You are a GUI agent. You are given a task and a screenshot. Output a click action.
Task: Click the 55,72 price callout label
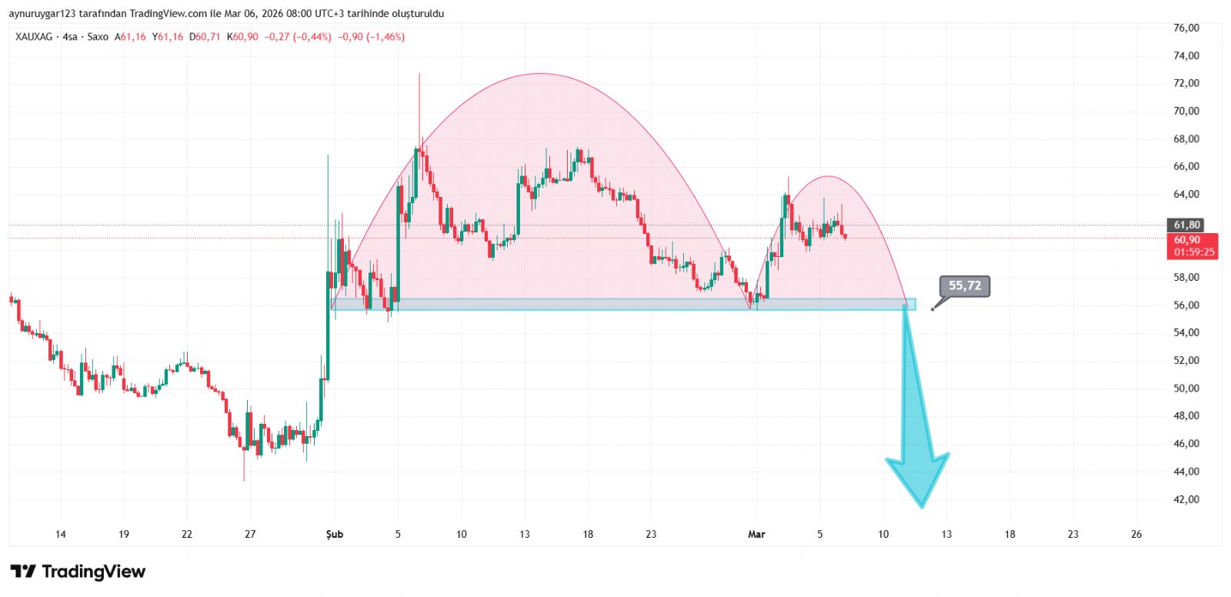click(965, 286)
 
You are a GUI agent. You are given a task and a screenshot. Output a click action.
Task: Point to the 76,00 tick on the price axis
click(1186, 28)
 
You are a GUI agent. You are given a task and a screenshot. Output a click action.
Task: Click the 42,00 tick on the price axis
click(1186, 499)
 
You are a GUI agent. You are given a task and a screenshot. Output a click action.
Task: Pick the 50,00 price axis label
click(1186, 389)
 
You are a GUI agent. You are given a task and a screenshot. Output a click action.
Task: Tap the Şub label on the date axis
click(335, 534)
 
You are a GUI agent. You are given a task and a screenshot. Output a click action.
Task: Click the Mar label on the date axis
click(756, 534)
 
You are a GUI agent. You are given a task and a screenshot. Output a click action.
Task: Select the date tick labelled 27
click(250, 534)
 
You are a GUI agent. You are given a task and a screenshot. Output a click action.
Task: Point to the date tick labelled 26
click(1136, 534)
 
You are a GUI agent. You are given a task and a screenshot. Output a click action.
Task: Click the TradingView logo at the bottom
click(78, 572)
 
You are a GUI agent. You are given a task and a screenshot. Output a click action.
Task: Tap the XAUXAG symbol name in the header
click(34, 37)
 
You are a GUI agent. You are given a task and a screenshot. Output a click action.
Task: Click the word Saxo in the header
click(98, 37)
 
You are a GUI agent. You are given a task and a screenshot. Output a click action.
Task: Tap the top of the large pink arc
click(541, 74)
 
